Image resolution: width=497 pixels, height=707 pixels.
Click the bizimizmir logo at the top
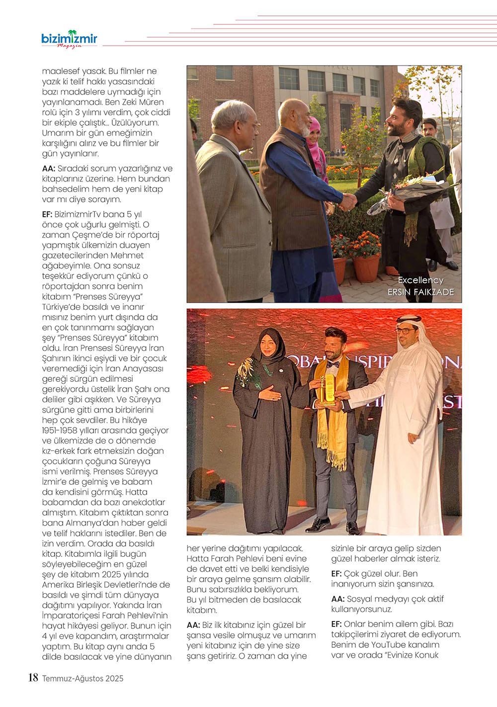coord(69,39)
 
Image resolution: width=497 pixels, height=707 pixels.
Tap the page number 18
coord(33,678)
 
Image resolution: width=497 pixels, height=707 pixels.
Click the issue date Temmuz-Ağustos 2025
coord(83,678)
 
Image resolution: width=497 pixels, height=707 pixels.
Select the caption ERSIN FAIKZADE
coord(420,292)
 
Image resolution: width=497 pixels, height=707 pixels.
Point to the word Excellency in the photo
coord(420,280)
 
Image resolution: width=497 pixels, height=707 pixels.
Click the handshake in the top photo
coord(348,201)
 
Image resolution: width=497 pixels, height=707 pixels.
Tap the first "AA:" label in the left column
coord(49,169)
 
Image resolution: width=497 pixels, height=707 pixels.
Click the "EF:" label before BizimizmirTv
coord(48,214)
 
